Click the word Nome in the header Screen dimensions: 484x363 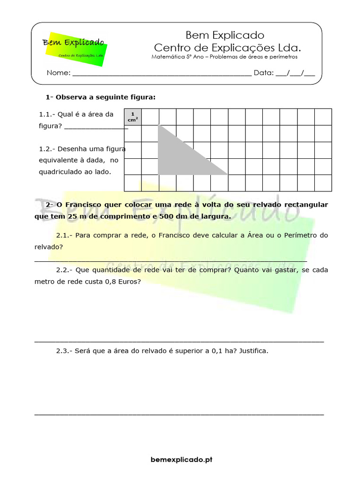pos(58,73)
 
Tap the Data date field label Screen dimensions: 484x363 pos(263,73)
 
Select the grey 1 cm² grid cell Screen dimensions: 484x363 pos(133,117)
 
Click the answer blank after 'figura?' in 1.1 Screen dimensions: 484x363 pos(96,126)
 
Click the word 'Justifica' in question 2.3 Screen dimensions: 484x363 pos(253,351)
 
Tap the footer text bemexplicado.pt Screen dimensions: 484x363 pos(181,459)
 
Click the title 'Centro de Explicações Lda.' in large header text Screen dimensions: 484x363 pos(227,48)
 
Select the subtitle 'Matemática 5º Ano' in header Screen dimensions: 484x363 pos(178,57)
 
